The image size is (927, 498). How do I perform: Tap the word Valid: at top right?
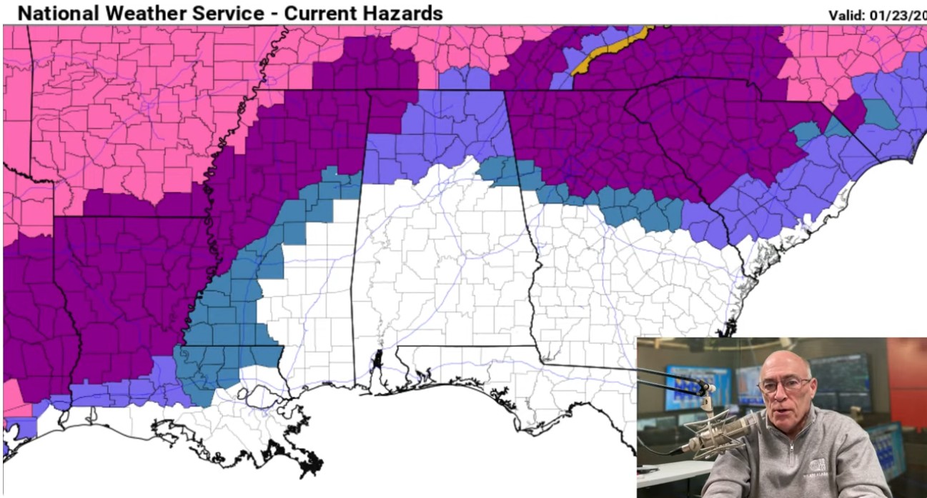click(x=849, y=15)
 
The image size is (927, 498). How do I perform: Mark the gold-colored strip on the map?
click(x=611, y=49)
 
